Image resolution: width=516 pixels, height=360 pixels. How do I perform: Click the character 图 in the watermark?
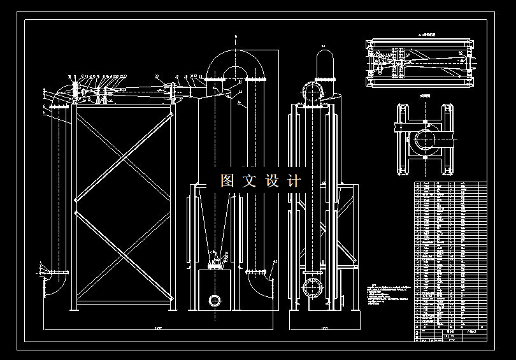[227, 181]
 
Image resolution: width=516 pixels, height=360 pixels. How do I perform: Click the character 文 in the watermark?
[249, 181]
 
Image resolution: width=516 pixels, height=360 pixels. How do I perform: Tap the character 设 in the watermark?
[272, 181]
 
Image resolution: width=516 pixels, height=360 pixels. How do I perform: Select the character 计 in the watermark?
[294, 181]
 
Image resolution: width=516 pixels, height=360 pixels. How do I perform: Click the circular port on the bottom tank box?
[215, 299]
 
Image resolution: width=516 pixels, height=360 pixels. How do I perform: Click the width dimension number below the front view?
[158, 328]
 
